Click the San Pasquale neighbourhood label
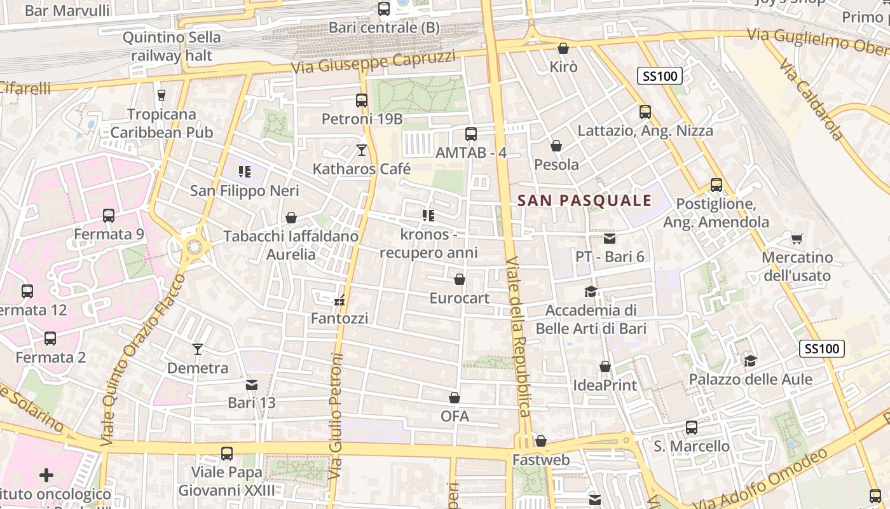[x=584, y=201]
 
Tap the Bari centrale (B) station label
[x=384, y=28]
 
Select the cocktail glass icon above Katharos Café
[x=362, y=150]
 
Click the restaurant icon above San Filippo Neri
[x=245, y=171]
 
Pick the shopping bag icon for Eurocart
[x=460, y=279]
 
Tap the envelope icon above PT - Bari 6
[x=610, y=239]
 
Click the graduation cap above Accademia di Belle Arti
[x=591, y=292]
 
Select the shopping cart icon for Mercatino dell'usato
[x=797, y=239]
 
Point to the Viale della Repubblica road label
[x=517, y=337]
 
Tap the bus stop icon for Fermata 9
[x=109, y=216]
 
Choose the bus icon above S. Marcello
[x=692, y=428]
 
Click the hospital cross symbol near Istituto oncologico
[x=46, y=475]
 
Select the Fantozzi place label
[x=339, y=318]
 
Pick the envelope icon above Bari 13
[x=252, y=384]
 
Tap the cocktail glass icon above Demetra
[x=198, y=349]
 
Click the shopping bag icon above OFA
[x=455, y=398]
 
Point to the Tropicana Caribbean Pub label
[x=161, y=123]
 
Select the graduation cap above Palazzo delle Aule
[x=750, y=361]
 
